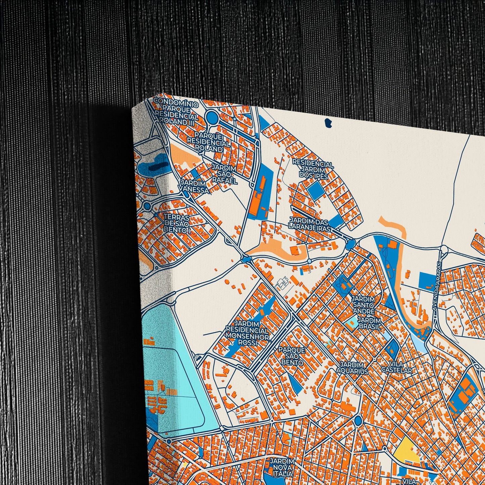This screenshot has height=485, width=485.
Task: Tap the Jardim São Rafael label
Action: click(x=224, y=174)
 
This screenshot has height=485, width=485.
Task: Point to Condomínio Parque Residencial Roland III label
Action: click(x=176, y=111)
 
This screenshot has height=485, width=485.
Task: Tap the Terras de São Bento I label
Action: click(x=177, y=224)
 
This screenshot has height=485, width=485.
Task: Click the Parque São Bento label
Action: click(x=292, y=356)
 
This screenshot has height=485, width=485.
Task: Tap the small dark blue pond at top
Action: click(x=329, y=123)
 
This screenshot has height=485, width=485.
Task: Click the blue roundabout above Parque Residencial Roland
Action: click(x=212, y=117)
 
